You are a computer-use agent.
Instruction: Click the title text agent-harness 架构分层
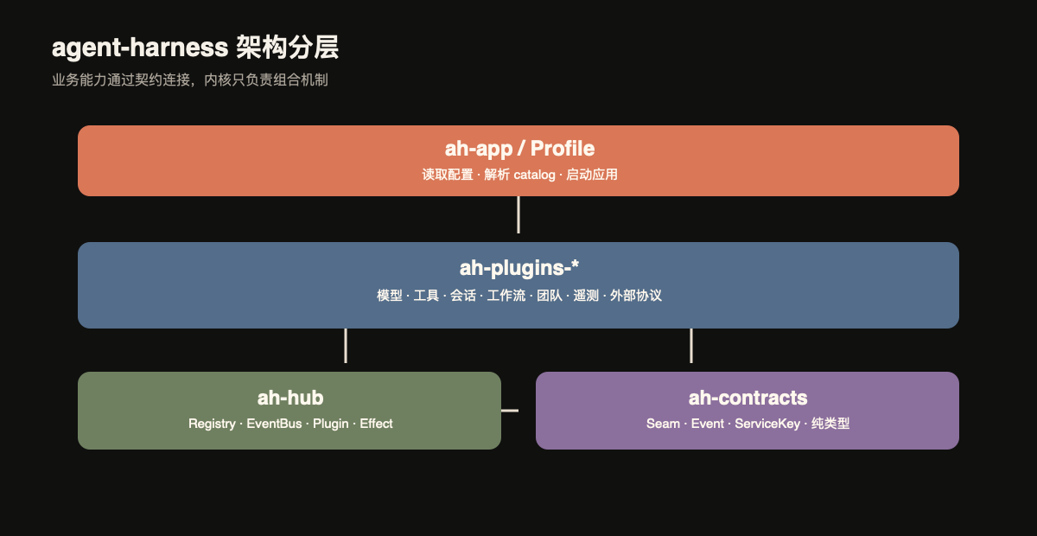(x=195, y=48)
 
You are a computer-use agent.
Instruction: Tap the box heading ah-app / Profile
(x=519, y=149)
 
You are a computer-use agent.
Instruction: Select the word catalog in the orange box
(x=534, y=175)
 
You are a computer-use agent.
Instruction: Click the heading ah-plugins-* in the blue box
(x=519, y=268)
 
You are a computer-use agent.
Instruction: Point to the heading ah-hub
(x=290, y=398)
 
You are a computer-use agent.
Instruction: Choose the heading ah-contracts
(x=748, y=398)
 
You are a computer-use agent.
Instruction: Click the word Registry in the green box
(x=212, y=424)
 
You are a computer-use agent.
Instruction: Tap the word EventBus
(x=274, y=424)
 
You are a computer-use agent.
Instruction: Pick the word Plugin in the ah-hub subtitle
(x=330, y=424)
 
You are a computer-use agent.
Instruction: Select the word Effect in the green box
(x=376, y=424)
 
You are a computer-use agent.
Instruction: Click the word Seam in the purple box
(x=663, y=424)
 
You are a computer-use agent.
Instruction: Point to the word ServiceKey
(x=767, y=424)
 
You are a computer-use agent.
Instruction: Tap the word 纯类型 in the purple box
(x=830, y=424)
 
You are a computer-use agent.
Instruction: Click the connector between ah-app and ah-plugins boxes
(x=518, y=214)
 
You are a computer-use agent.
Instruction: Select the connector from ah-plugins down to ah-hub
(x=346, y=346)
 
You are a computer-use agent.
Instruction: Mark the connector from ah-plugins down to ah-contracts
(x=691, y=346)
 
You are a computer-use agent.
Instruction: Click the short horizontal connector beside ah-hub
(x=510, y=411)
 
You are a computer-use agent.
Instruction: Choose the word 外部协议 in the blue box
(x=636, y=296)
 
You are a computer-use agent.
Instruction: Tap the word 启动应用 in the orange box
(x=592, y=175)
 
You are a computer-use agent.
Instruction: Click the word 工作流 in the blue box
(x=506, y=296)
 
